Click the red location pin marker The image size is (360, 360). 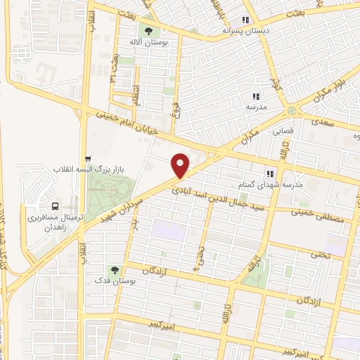[x=181, y=165]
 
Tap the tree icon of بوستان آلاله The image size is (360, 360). [x=148, y=30]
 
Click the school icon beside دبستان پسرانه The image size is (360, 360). [x=245, y=20]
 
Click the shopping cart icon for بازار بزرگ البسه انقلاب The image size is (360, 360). [x=87, y=159]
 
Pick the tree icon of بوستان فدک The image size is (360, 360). [x=113, y=269]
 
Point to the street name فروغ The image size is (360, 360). [x=175, y=112]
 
